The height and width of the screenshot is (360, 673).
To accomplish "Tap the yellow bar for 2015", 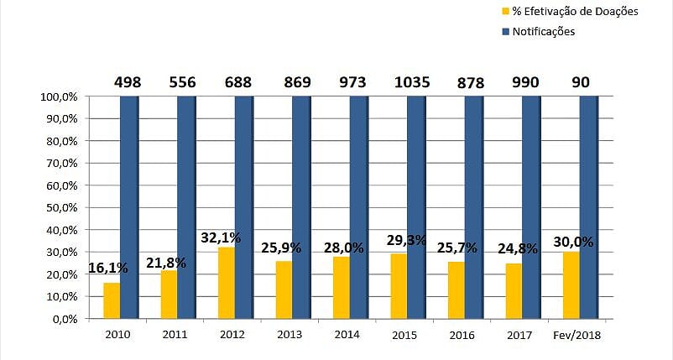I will (399, 286).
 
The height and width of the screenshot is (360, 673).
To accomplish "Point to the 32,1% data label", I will (221, 237).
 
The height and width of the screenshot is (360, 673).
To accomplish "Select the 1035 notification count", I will (412, 82).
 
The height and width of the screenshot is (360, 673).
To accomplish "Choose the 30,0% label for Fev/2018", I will (574, 242).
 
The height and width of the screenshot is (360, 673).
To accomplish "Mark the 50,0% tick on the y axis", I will (59, 207).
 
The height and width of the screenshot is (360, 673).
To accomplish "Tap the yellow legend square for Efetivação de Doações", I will (505, 11).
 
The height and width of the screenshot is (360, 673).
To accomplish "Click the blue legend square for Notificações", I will (505, 32).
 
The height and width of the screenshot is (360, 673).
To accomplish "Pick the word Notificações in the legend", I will (543, 32).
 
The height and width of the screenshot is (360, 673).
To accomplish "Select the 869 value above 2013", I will (297, 82).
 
